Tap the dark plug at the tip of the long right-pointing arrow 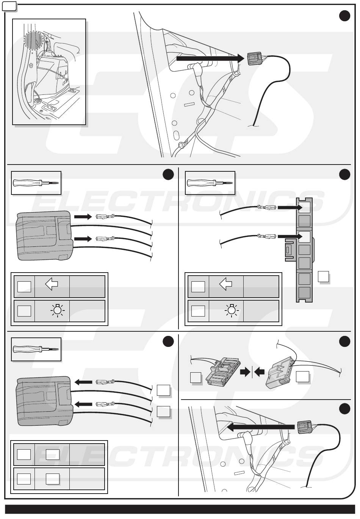(255, 59)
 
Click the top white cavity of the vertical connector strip (304, 207)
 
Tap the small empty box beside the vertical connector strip (323, 276)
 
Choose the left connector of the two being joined (222, 373)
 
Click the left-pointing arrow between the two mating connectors (259, 372)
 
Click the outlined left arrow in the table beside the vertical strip (226, 284)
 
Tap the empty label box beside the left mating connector (196, 377)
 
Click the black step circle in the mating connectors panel (344, 342)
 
